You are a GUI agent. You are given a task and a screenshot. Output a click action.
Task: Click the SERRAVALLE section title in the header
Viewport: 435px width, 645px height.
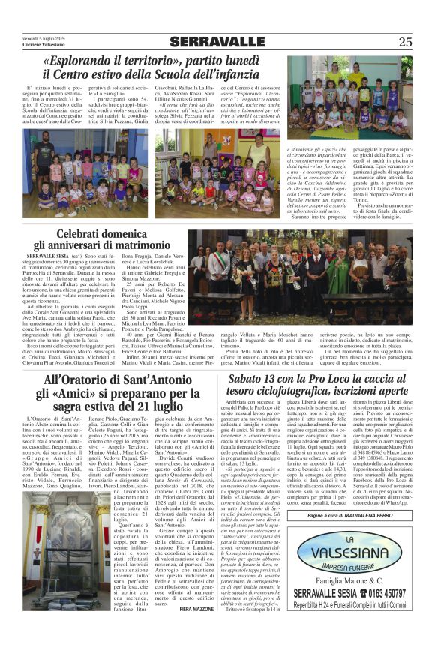pyautogui.click(x=217, y=42)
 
